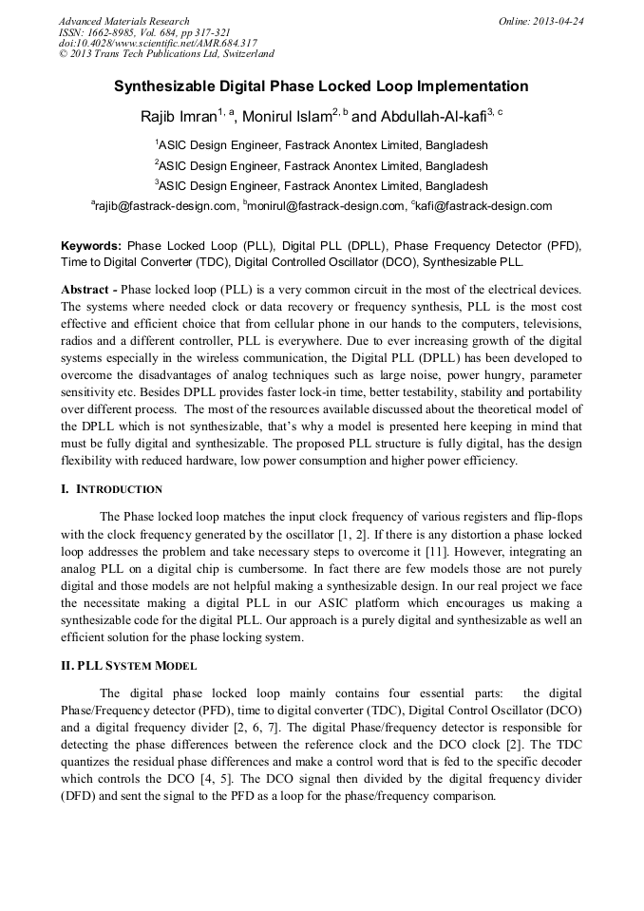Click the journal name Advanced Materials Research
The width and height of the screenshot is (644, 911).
coord(123,21)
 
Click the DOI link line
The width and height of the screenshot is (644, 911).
coord(157,44)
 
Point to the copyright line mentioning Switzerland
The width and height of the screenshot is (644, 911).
coord(166,54)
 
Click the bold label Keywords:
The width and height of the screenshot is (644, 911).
coord(91,245)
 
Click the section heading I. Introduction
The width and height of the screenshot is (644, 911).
coord(111,489)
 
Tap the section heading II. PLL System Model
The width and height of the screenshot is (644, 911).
coord(128,666)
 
